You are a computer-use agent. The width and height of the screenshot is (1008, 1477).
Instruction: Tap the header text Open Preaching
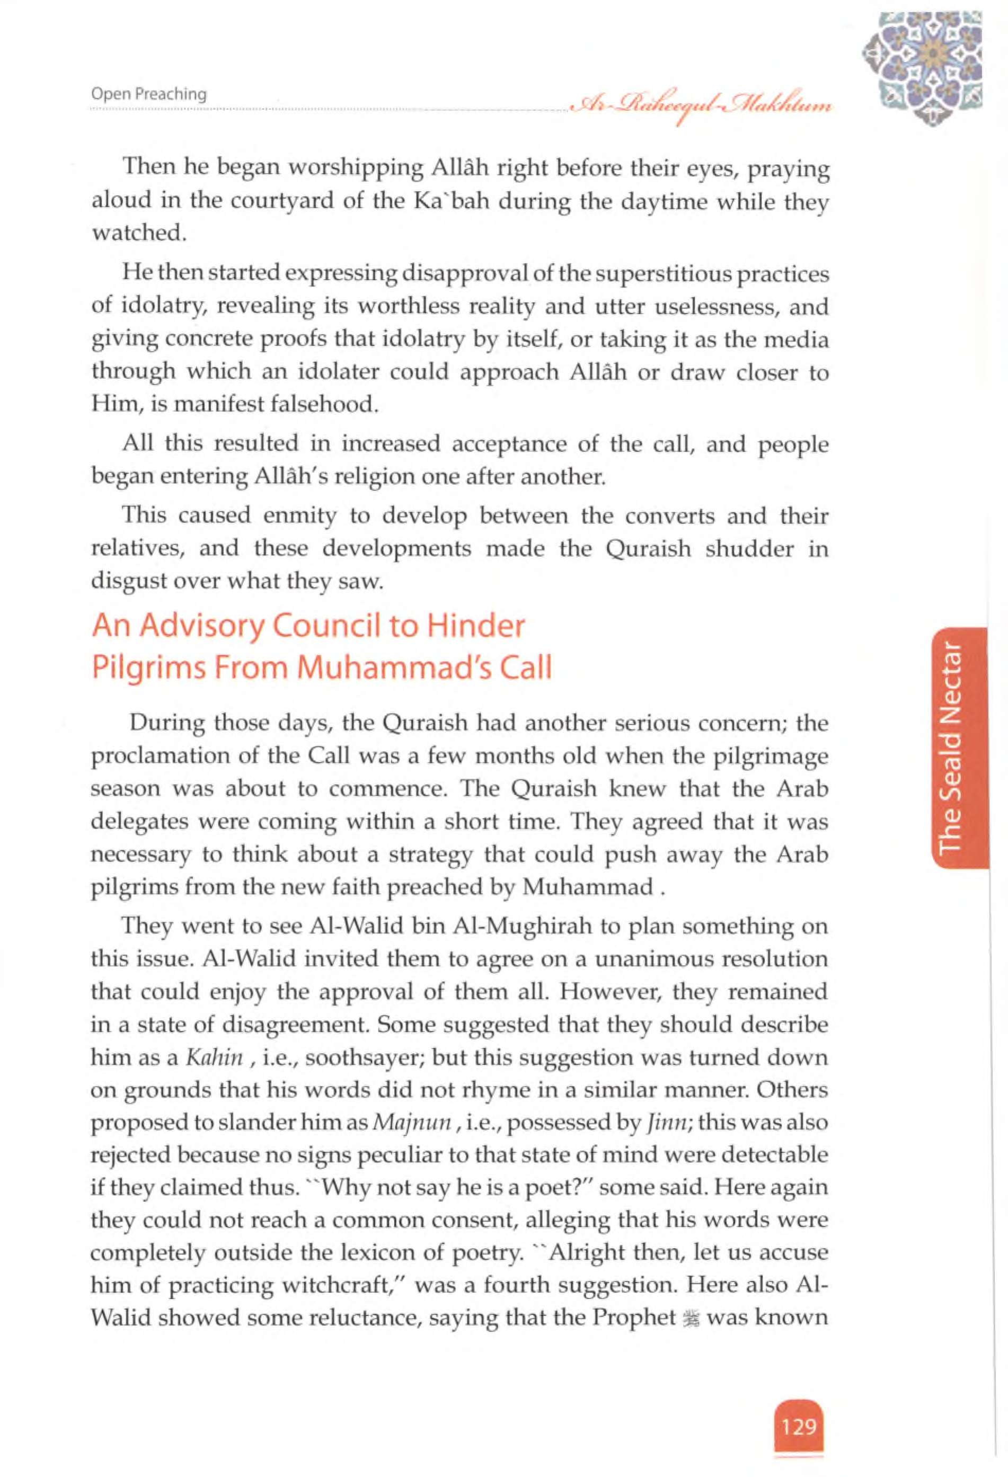coord(149,94)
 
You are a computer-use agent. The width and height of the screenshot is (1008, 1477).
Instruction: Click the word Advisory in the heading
coord(201,627)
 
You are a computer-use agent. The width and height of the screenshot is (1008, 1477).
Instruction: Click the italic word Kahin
coord(214,1057)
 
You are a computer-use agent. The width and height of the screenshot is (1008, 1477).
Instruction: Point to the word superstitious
coord(672,274)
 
